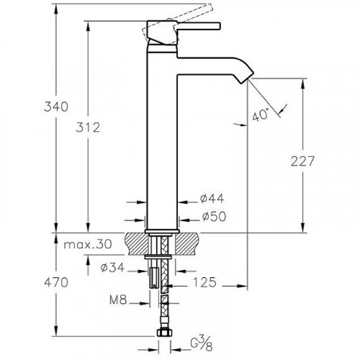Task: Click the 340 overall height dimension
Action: coord(56,107)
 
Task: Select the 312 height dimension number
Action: coord(88,127)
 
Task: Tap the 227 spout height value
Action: coord(302,161)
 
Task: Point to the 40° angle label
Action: coord(260,115)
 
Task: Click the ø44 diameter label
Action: coord(212,199)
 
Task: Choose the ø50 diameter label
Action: coord(214,217)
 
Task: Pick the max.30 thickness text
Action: coord(88,244)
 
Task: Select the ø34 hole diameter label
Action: coord(112,267)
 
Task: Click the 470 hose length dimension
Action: coord(56,282)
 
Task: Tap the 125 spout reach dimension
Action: coord(204,282)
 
